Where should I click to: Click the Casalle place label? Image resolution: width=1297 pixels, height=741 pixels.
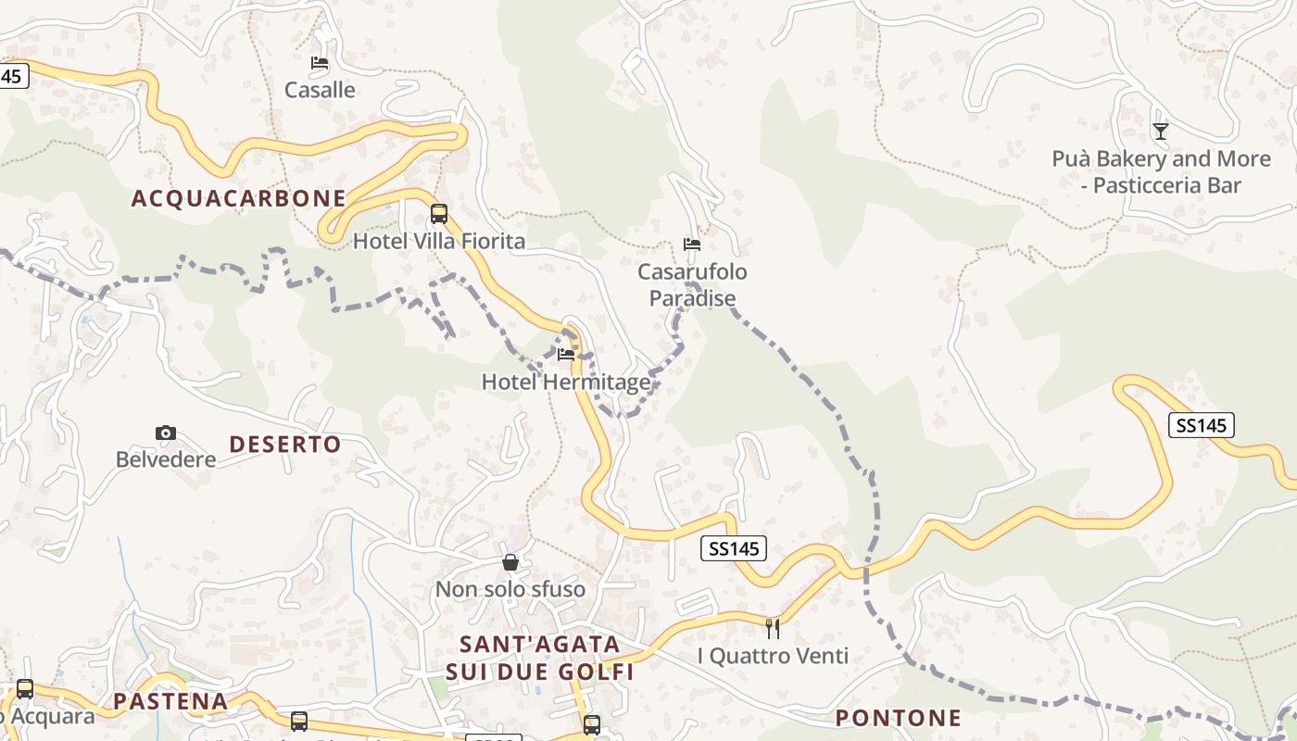(x=320, y=90)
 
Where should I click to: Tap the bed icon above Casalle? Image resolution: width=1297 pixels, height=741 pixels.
(x=320, y=63)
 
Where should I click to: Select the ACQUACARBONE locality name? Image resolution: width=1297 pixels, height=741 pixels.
(x=238, y=198)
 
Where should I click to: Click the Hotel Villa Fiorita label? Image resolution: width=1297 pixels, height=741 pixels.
(x=439, y=242)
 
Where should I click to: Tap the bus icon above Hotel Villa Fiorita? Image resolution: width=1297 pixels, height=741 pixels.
(x=439, y=214)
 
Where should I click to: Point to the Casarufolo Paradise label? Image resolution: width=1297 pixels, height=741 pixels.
(x=692, y=285)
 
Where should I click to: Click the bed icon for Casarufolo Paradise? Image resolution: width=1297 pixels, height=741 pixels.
(x=692, y=245)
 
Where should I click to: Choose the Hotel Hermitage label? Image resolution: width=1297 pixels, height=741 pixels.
(x=566, y=382)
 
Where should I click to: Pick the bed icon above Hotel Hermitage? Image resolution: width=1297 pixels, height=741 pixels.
(x=566, y=354)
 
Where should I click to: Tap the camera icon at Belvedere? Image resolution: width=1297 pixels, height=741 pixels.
(x=166, y=433)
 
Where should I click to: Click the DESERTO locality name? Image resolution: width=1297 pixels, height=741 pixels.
(x=285, y=445)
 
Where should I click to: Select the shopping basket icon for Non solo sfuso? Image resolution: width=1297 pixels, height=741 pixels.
(x=510, y=562)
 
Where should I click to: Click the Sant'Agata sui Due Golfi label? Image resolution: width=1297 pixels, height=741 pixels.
(x=540, y=658)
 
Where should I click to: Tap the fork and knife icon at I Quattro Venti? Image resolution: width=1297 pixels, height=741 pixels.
(x=773, y=629)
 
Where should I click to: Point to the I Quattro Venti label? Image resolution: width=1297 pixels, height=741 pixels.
(x=773, y=657)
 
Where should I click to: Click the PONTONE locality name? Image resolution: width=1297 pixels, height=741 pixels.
(x=899, y=718)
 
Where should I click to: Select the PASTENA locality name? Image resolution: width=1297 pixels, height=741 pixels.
(x=170, y=701)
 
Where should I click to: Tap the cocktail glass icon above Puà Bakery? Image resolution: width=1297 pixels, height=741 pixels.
(x=1161, y=131)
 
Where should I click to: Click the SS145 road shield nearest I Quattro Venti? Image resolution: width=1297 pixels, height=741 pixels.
(x=734, y=548)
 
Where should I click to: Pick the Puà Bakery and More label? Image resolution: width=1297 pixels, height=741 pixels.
(x=1161, y=172)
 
